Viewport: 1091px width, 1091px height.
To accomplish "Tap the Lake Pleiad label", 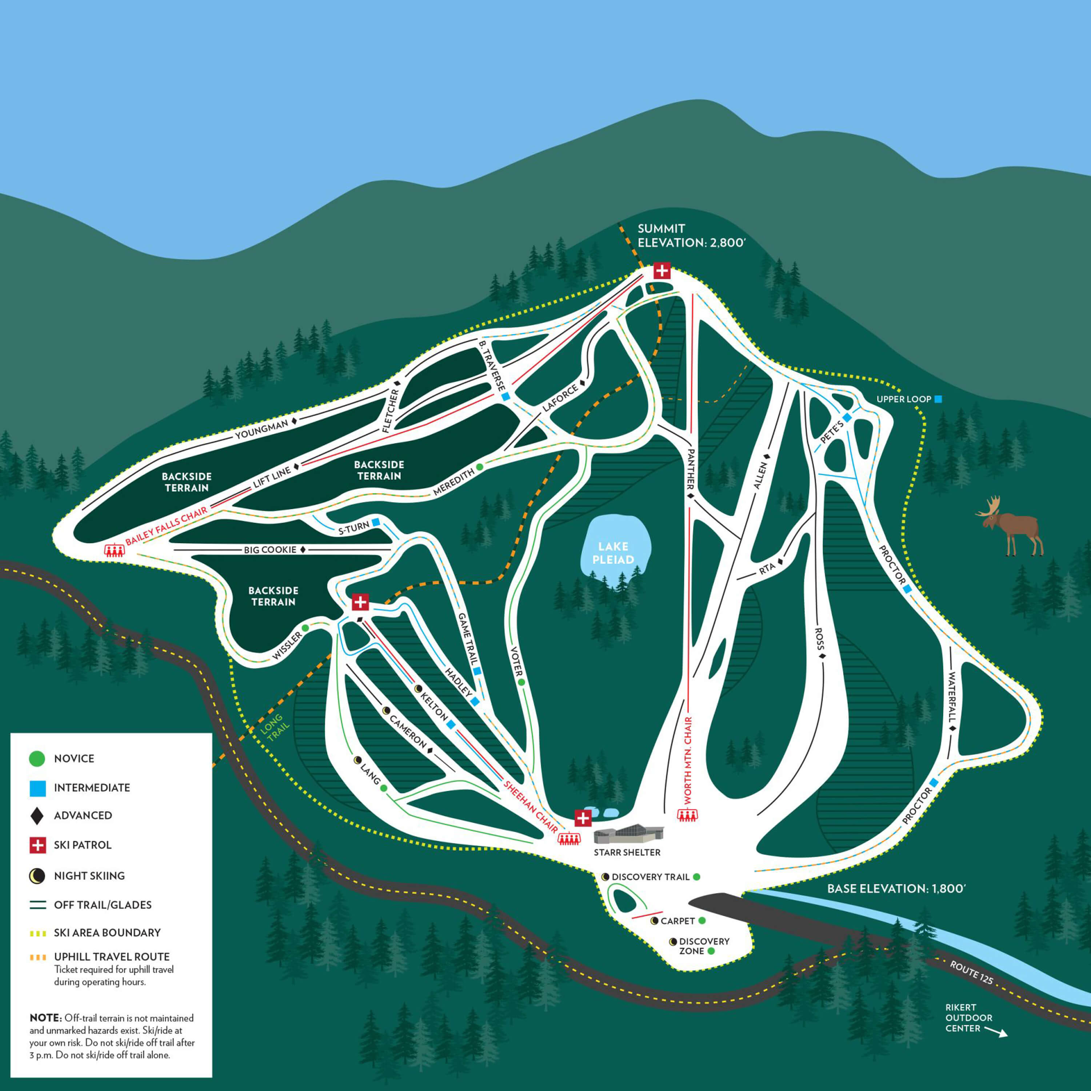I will pos(613,553).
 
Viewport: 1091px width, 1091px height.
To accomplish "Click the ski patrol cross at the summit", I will pos(662,271).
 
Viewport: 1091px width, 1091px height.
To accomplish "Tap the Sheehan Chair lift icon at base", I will pos(569,839).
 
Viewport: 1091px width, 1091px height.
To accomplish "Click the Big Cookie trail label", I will pos(270,550).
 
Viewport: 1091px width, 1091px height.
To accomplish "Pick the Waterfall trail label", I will pos(952,698).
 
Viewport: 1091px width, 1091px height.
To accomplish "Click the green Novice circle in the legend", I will pos(37,758).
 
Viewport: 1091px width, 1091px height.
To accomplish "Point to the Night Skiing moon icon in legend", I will pos(37,876).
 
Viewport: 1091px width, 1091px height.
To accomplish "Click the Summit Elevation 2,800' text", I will pos(692,236).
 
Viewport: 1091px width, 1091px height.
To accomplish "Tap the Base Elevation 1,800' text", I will pos(896,889).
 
